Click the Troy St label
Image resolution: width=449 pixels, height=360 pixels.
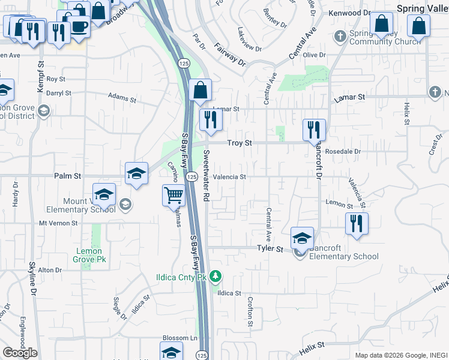[x=239, y=143]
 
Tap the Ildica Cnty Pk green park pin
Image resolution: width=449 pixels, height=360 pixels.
[x=217, y=277]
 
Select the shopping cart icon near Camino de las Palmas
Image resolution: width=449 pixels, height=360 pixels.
[x=173, y=195]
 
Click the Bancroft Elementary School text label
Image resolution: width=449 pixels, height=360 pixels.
[x=344, y=257]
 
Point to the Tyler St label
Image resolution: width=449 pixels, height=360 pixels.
[x=270, y=248]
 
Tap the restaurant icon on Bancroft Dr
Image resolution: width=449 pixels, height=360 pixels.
[x=314, y=129]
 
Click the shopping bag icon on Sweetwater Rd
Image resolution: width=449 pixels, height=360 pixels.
[x=200, y=91]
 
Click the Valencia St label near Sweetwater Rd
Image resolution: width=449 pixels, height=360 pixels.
[x=229, y=177]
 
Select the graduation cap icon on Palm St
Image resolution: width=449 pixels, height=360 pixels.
[x=137, y=174]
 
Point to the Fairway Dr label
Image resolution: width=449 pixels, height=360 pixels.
[x=230, y=53]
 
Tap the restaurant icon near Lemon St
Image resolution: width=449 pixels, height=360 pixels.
[x=357, y=223]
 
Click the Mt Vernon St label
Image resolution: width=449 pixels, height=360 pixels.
[x=58, y=223]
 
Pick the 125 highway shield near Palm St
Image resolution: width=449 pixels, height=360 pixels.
[x=191, y=177]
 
